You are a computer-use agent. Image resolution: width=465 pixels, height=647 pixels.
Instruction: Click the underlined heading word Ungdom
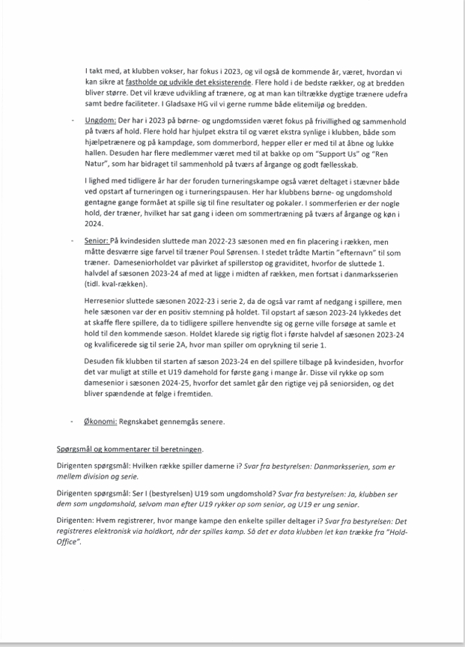click(100, 120)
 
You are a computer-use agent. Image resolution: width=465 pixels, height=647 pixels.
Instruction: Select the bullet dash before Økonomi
click(73, 422)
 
